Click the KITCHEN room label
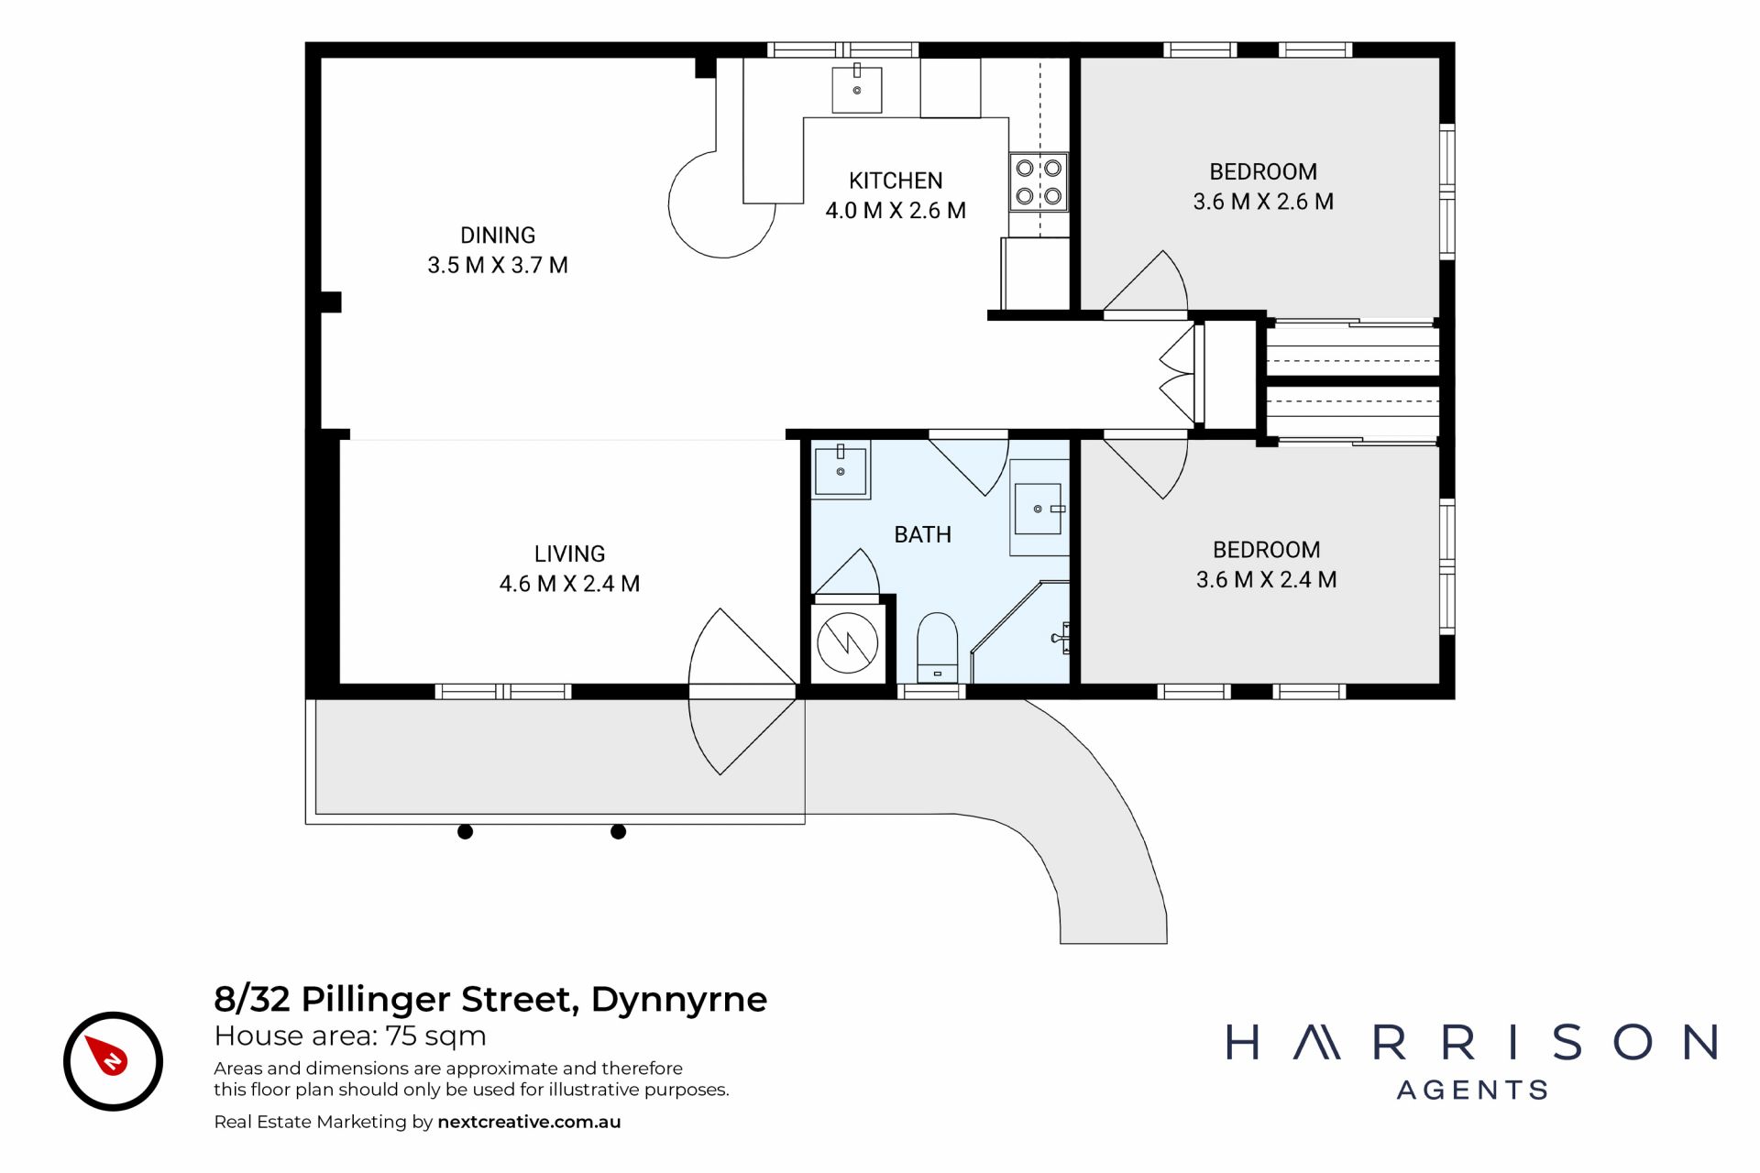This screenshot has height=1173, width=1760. (x=896, y=181)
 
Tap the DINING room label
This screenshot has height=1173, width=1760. (x=498, y=236)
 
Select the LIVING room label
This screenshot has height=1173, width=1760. (x=569, y=554)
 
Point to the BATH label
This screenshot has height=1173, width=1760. (x=922, y=534)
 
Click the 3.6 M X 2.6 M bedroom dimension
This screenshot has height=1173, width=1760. (x=1263, y=202)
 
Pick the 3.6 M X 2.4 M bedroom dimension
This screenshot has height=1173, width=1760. (x=1266, y=579)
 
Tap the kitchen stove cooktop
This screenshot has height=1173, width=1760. (x=1039, y=181)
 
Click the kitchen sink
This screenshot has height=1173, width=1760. (x=857, y=89)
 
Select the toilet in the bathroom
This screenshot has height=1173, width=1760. (x=937, y=647)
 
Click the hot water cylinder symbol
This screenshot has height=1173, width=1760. (x=847, y=642)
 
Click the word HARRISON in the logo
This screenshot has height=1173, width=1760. (x=1471, y=1043)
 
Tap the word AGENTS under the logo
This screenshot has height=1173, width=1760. (x=1473, y=1090)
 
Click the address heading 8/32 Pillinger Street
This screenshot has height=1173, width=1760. (x=396, y=999)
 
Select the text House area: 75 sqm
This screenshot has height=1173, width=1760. (x=350, y=1036)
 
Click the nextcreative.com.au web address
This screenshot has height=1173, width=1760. (x=529, y=1122)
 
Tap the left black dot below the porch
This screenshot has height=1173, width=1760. (x=465, y=832)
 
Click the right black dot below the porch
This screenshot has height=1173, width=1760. (x=618, y=832)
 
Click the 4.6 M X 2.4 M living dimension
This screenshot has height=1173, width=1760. (x=569, y=584)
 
